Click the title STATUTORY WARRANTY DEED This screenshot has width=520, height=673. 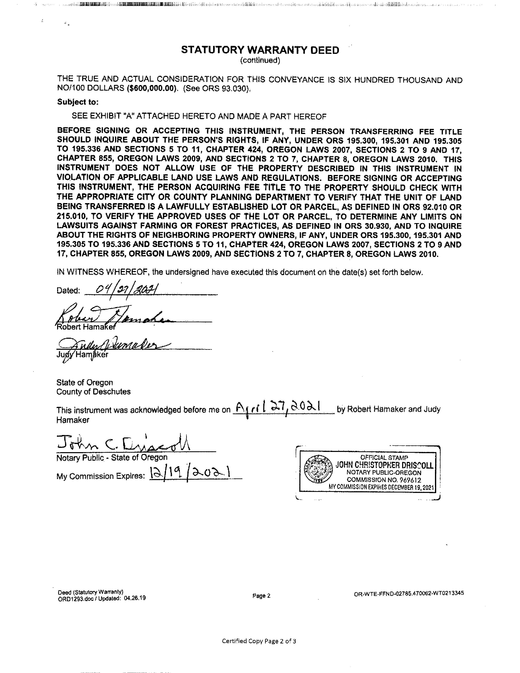[260, 50]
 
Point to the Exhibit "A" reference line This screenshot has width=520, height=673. [199, 116]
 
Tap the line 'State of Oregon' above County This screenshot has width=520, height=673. [85, 382]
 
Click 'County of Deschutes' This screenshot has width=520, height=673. [93, 392]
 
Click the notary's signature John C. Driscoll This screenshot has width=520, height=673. [123, 444]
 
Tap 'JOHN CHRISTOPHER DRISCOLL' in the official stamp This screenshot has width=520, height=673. [384, 465]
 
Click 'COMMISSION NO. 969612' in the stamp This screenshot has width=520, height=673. [384, 480]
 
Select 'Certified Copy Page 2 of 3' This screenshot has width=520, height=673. [259, 641]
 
